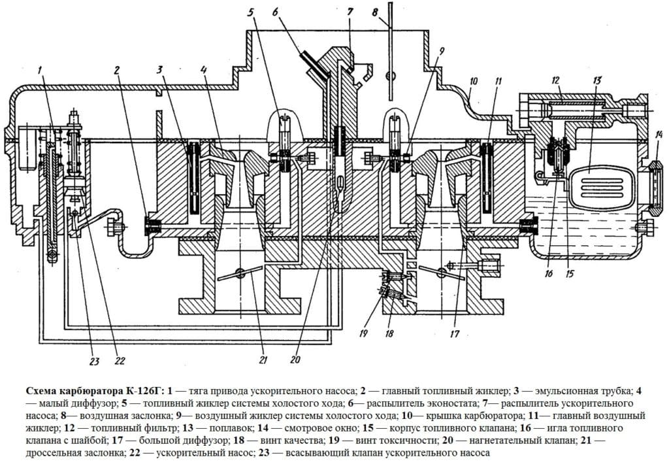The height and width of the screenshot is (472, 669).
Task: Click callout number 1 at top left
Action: point(40,70)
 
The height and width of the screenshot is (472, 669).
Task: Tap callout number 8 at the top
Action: point(374,11)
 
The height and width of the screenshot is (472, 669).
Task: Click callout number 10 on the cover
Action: point(473,82)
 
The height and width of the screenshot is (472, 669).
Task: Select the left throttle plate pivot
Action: point(241,274)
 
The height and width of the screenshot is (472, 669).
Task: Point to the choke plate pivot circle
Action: point(391,73)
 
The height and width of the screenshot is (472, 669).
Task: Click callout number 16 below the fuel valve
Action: point(548,274)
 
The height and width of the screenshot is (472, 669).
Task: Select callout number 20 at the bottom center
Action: point(295,359)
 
